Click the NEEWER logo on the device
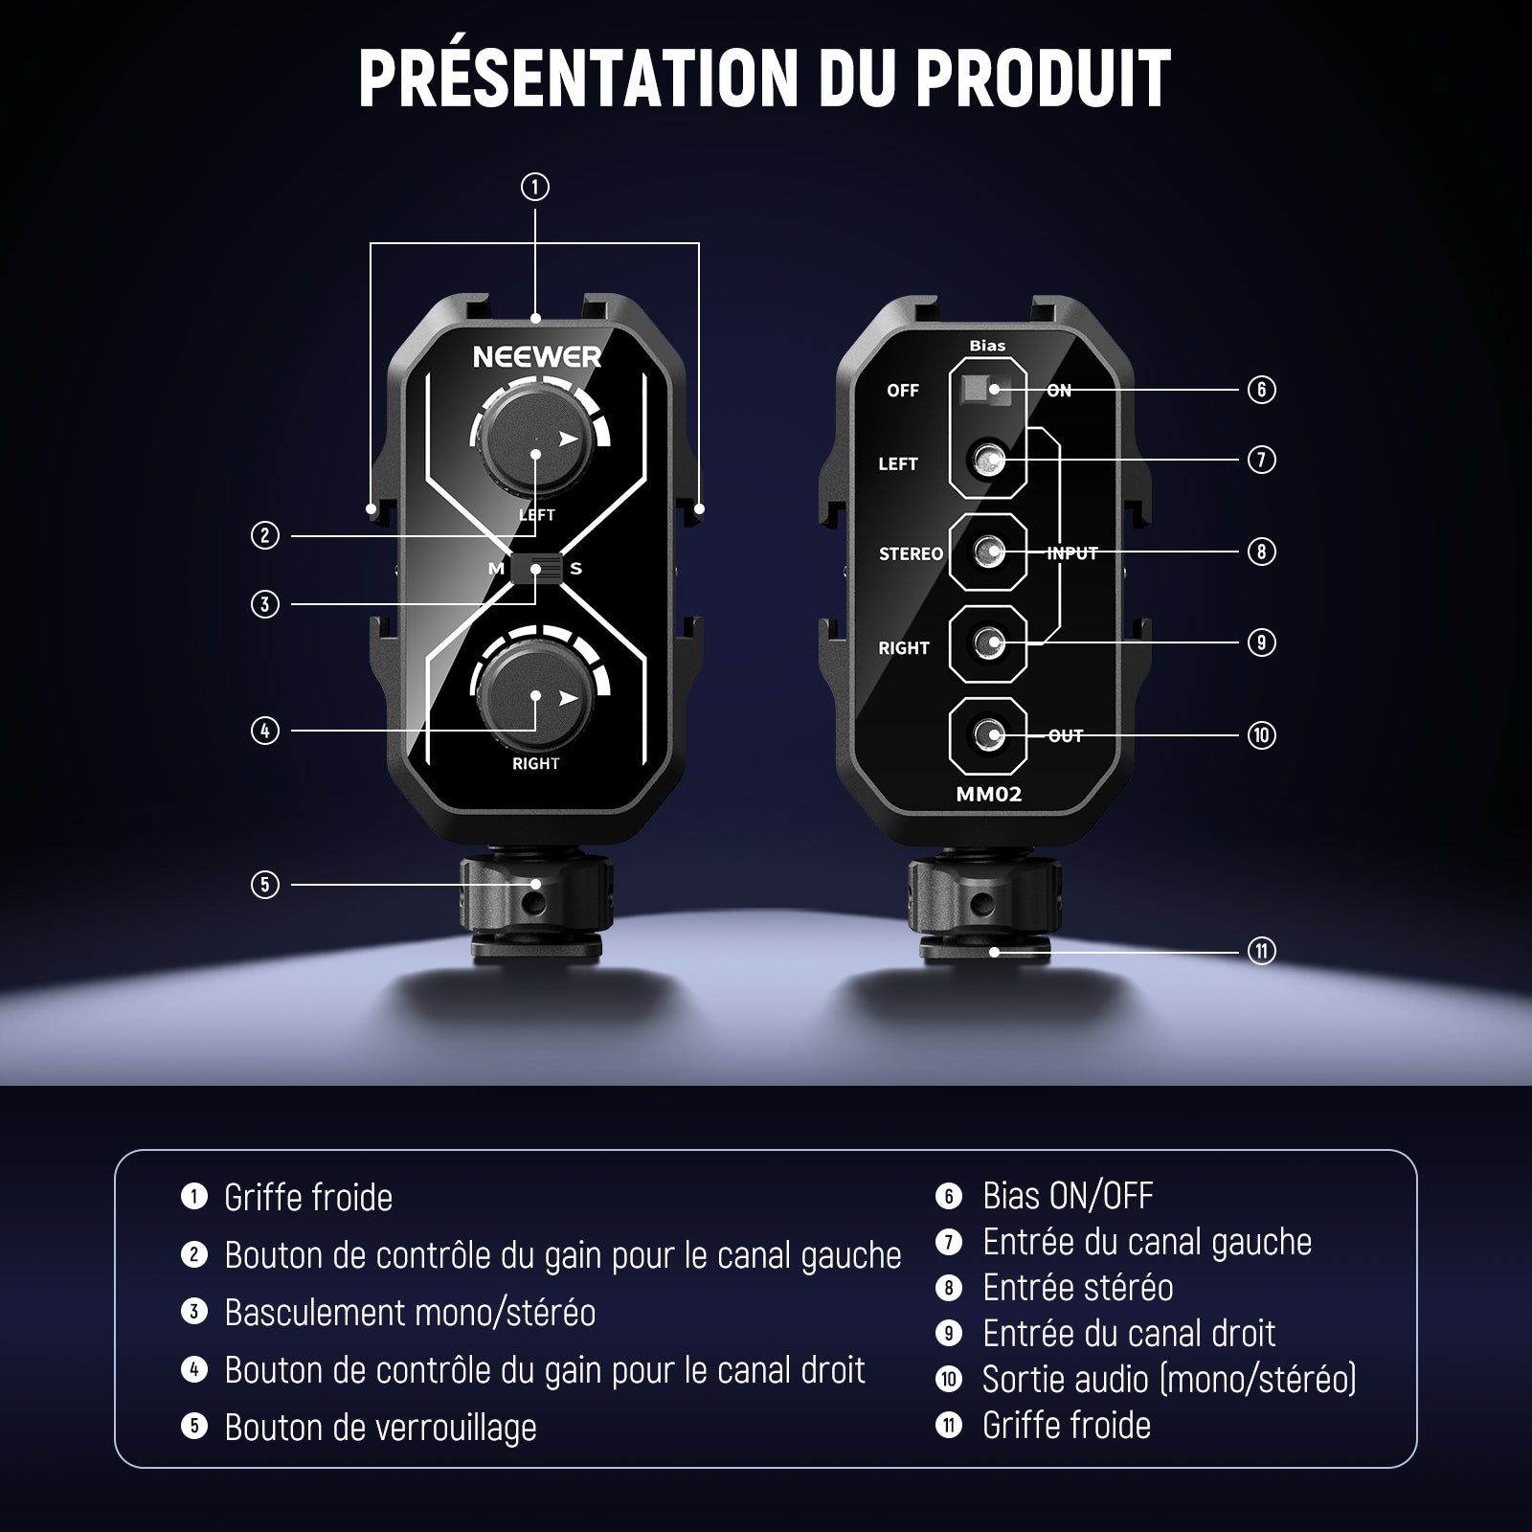tap(537, 357)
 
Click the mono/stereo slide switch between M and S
tap(536, 569)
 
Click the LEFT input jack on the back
tap(987, 462)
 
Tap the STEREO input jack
tap(987, 552)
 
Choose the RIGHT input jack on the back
tap(987, 642)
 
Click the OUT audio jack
tap(987, 735)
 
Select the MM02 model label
tap(989, 794)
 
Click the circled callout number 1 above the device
tap(535, 187)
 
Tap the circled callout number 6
tap(1262, 389)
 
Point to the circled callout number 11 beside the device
tap(1262, 951)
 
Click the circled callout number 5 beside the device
tap(265, 884)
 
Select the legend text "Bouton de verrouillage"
tap(380, 1428)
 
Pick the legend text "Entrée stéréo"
tap(1077, 1288)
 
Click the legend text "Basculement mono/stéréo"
tap(410, 1313)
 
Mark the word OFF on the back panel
tap(902, 391)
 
